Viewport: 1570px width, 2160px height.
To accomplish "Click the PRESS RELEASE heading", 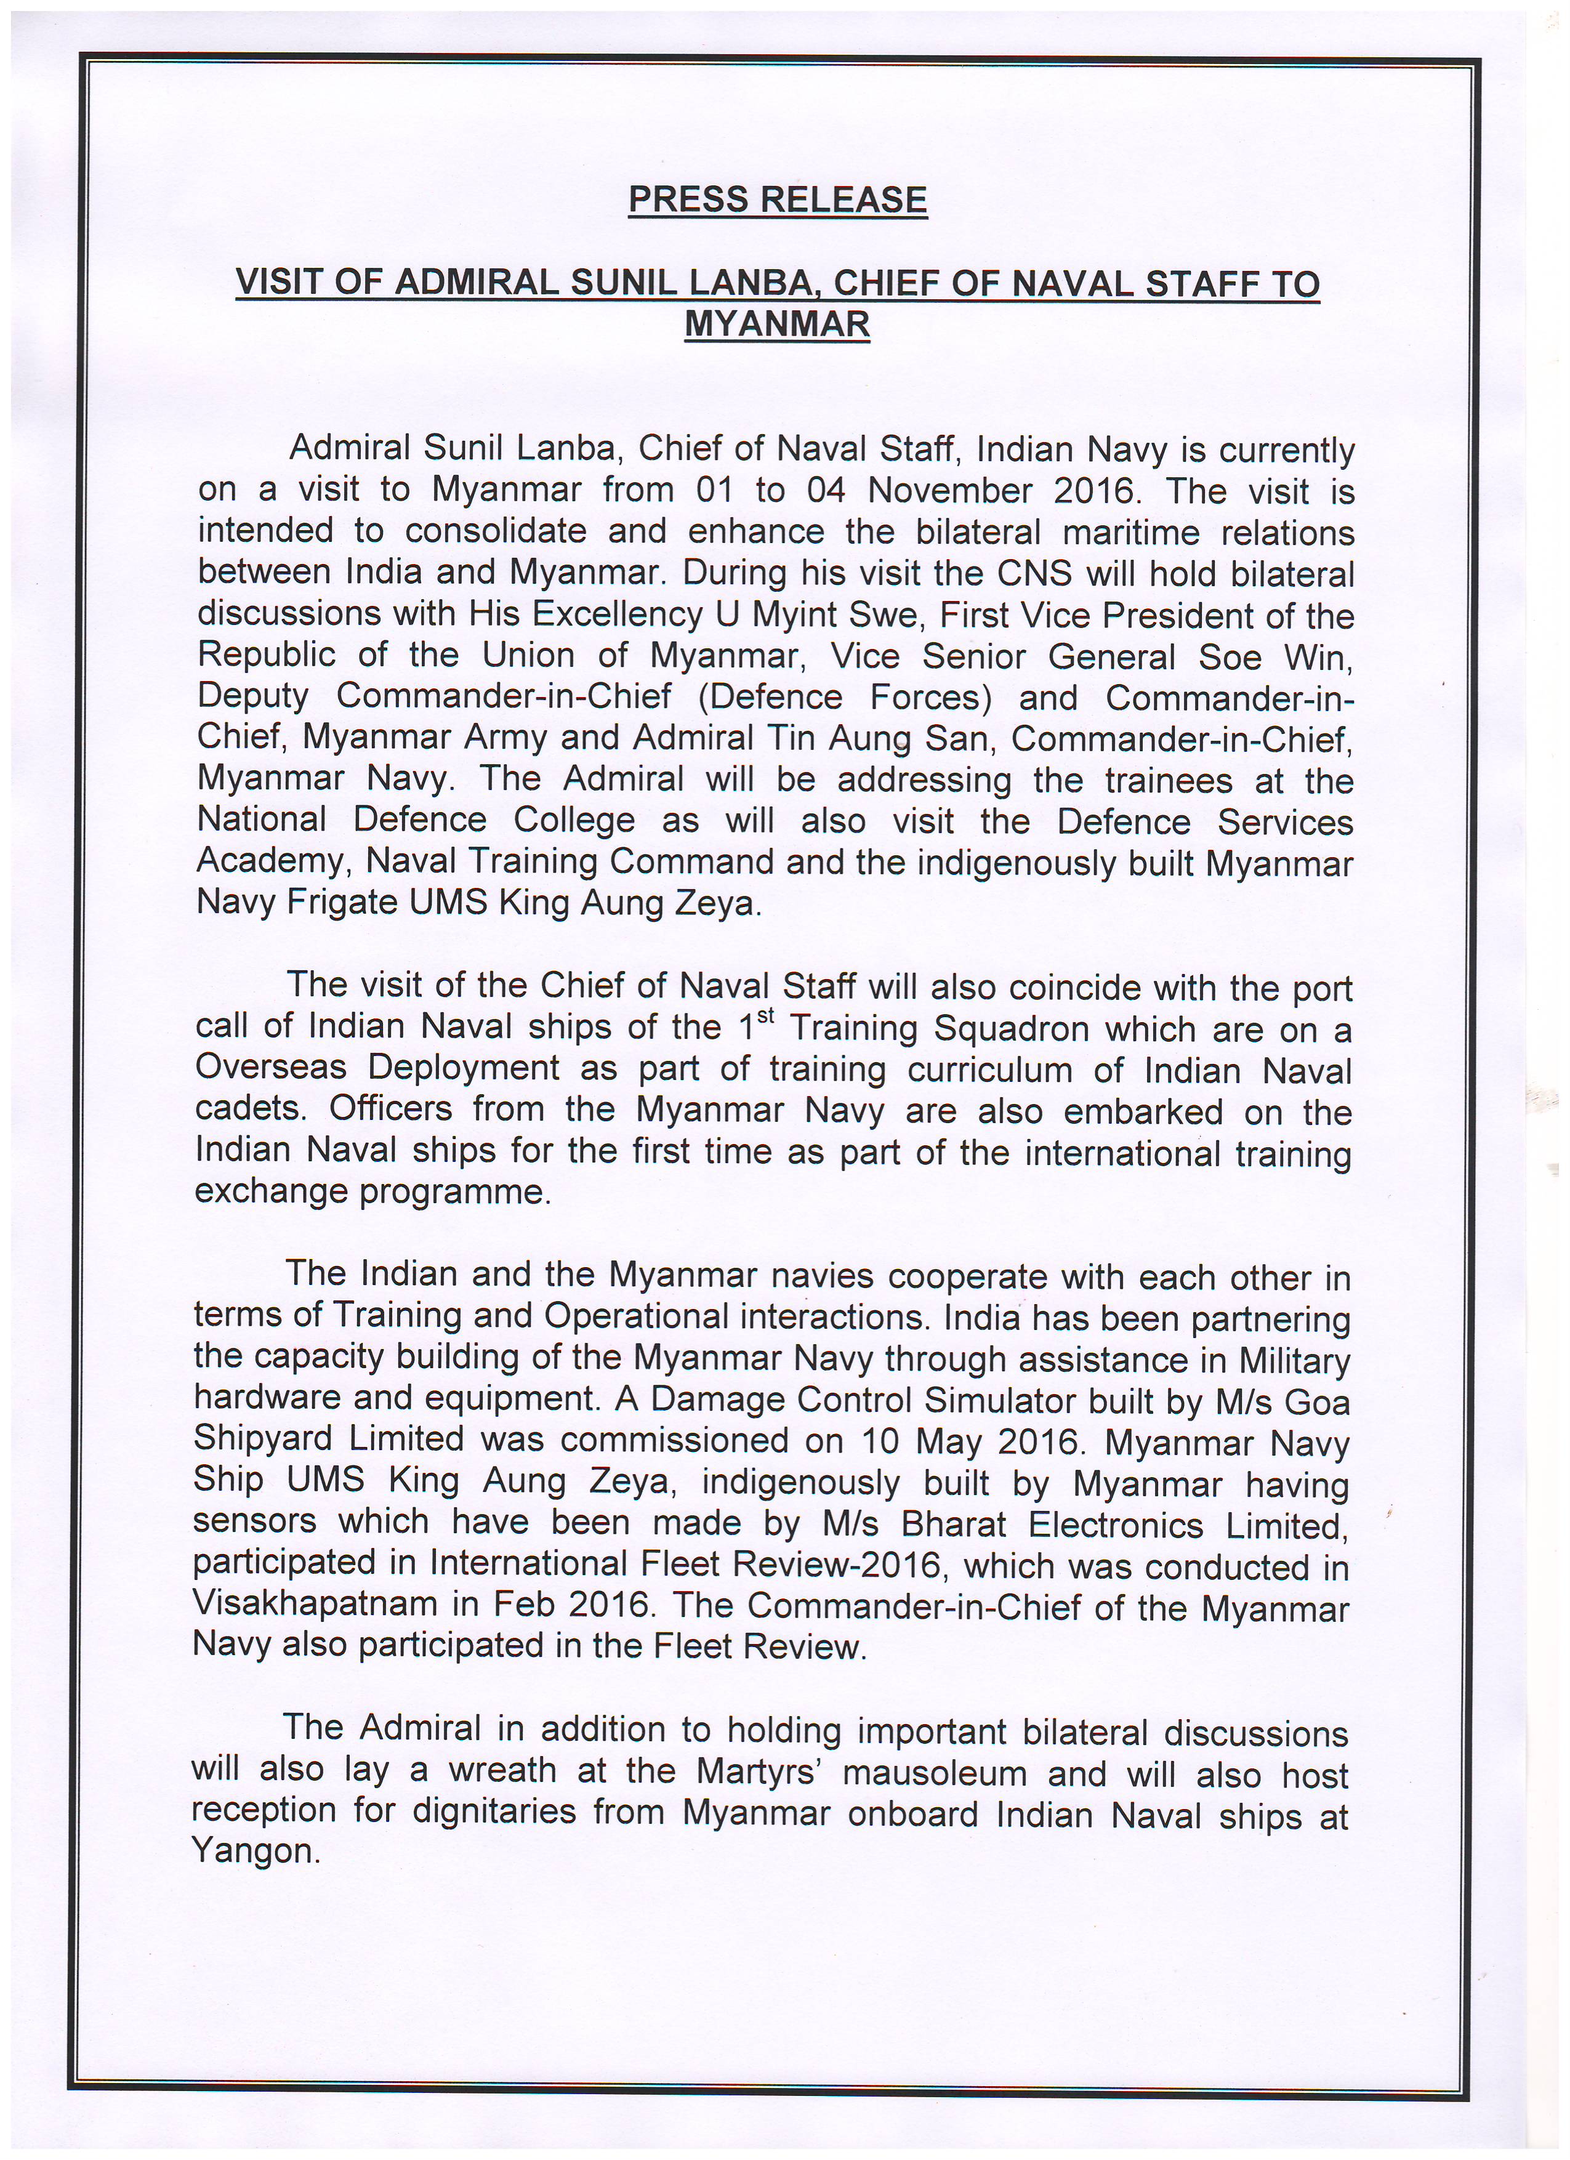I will pos(777,200).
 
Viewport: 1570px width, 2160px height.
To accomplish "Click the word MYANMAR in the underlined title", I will pos(777,324).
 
